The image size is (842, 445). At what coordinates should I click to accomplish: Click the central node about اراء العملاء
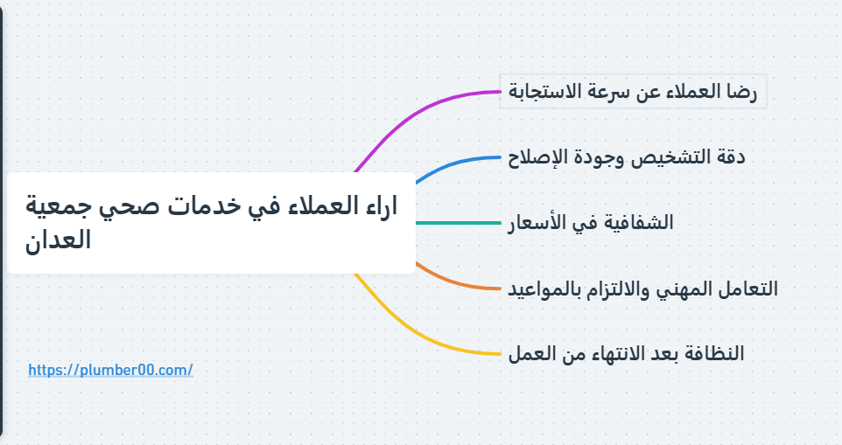pos(210,223)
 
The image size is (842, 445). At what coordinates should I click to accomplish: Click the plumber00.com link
pos(110,370)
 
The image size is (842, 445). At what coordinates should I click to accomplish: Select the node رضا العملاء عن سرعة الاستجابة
pos(633,92)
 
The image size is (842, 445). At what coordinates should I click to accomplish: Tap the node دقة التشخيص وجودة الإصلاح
pos(627,157)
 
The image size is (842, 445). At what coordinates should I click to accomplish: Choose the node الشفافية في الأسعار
pos(591,223)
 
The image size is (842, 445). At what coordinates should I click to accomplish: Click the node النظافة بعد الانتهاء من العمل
pos(626,354)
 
